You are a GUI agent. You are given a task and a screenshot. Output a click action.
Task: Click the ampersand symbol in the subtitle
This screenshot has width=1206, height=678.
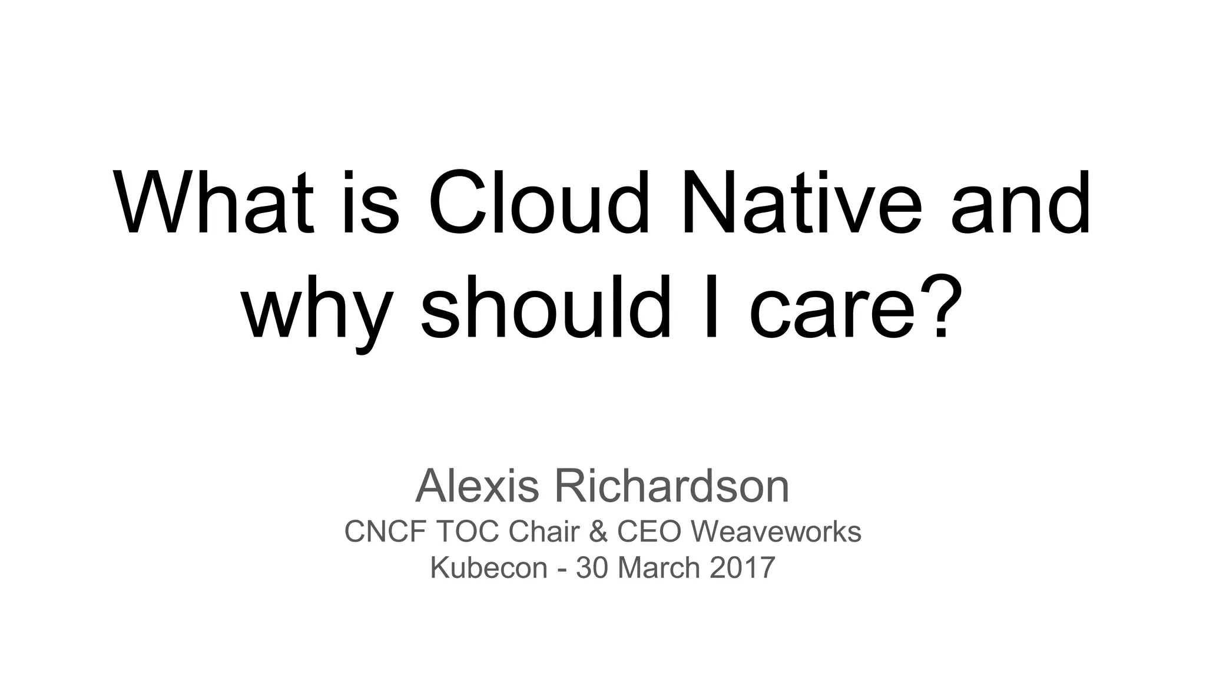pyautogui.click(x=598, y=531)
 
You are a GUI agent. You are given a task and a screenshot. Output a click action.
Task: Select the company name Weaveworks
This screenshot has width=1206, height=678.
pyautogui.click(x=776, y=531)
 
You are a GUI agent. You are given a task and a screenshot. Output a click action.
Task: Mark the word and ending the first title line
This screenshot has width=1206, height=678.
pyautogui.click(x=1021, y=203)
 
